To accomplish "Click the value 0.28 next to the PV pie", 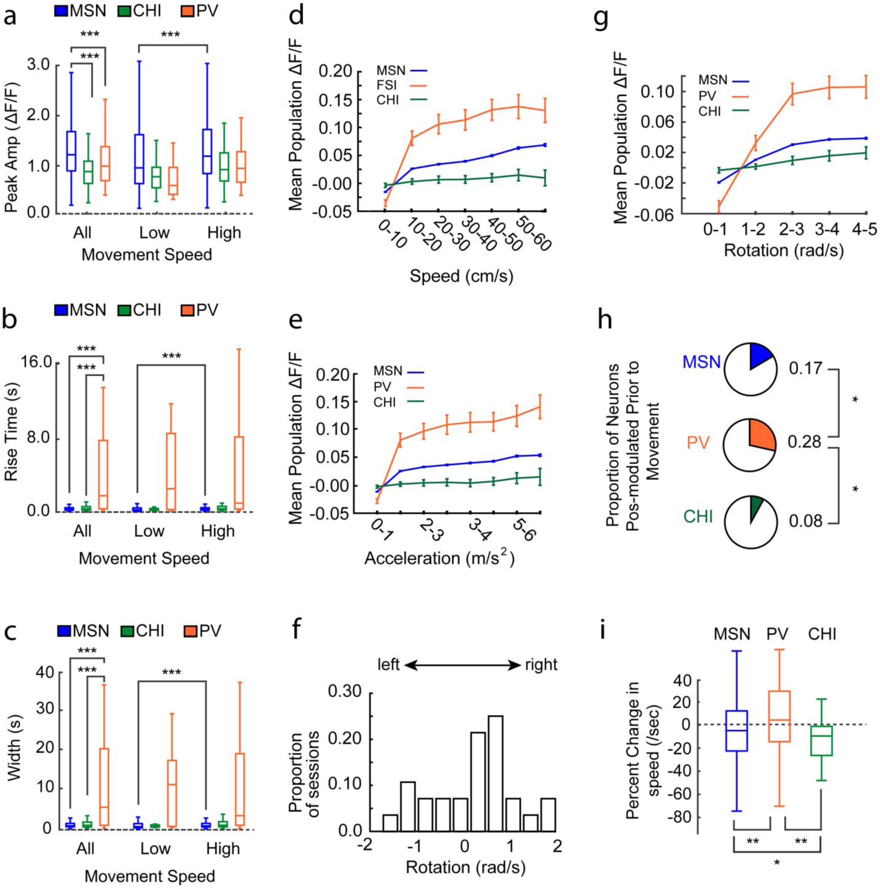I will tap(804, 442).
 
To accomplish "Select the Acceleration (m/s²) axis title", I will tap(439, 558).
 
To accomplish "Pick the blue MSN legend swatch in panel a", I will tap(62, 11).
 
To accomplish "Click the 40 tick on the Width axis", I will tap(44, 673).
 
